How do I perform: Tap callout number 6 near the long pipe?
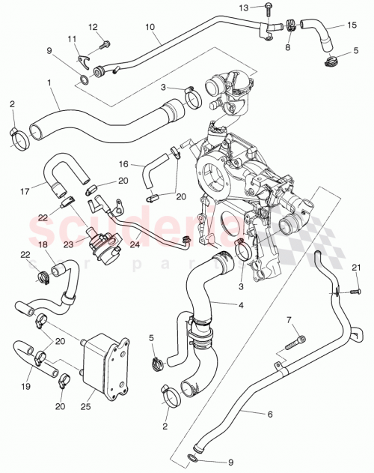pyautogui.click(x=266, y=413)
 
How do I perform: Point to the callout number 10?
pyautogui.click(x=150, y=27)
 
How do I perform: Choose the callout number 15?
pyautogui.click(x=350, y=25)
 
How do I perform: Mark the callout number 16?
pyautogui.click(x=124, y=163)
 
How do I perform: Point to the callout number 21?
pyautogui.click(x=357, y=268)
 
